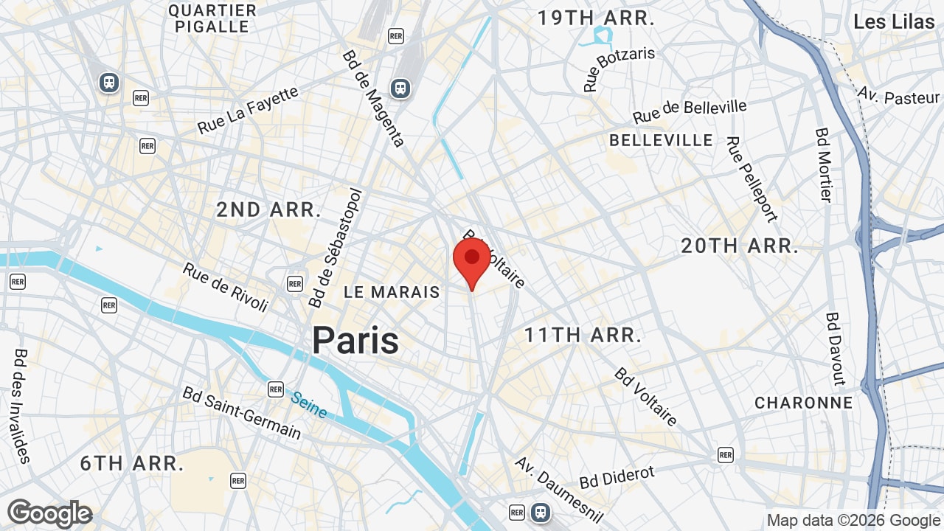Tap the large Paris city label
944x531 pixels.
click(355, 341)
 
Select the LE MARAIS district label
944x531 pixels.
click(392, 292)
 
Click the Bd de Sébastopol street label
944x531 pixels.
click(336, 248)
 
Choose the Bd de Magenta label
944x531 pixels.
click(373, 99)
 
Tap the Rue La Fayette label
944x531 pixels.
click(248, 111)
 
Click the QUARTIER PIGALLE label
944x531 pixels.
click(212, 18)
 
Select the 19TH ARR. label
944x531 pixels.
click(596, 18)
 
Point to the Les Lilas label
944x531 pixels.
click(894, 22)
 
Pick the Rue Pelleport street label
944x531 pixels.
click(752, 178)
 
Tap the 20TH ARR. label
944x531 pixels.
click(740, 246)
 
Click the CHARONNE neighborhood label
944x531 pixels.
click(803, 403)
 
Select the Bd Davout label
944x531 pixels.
click(836, 349)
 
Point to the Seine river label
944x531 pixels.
click(309, 404)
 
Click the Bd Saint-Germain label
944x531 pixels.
click(242, 412)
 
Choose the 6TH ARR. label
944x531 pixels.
click(132, 464)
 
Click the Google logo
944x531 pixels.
click(49, 513)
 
